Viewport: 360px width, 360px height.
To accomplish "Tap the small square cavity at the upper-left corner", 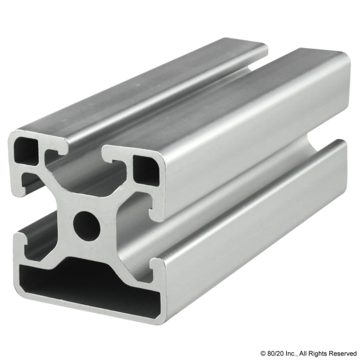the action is pos(26,150).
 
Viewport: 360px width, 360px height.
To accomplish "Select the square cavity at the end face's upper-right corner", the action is pos(146,170).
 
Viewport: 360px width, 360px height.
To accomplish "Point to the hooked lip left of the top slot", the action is pos(57,152).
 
